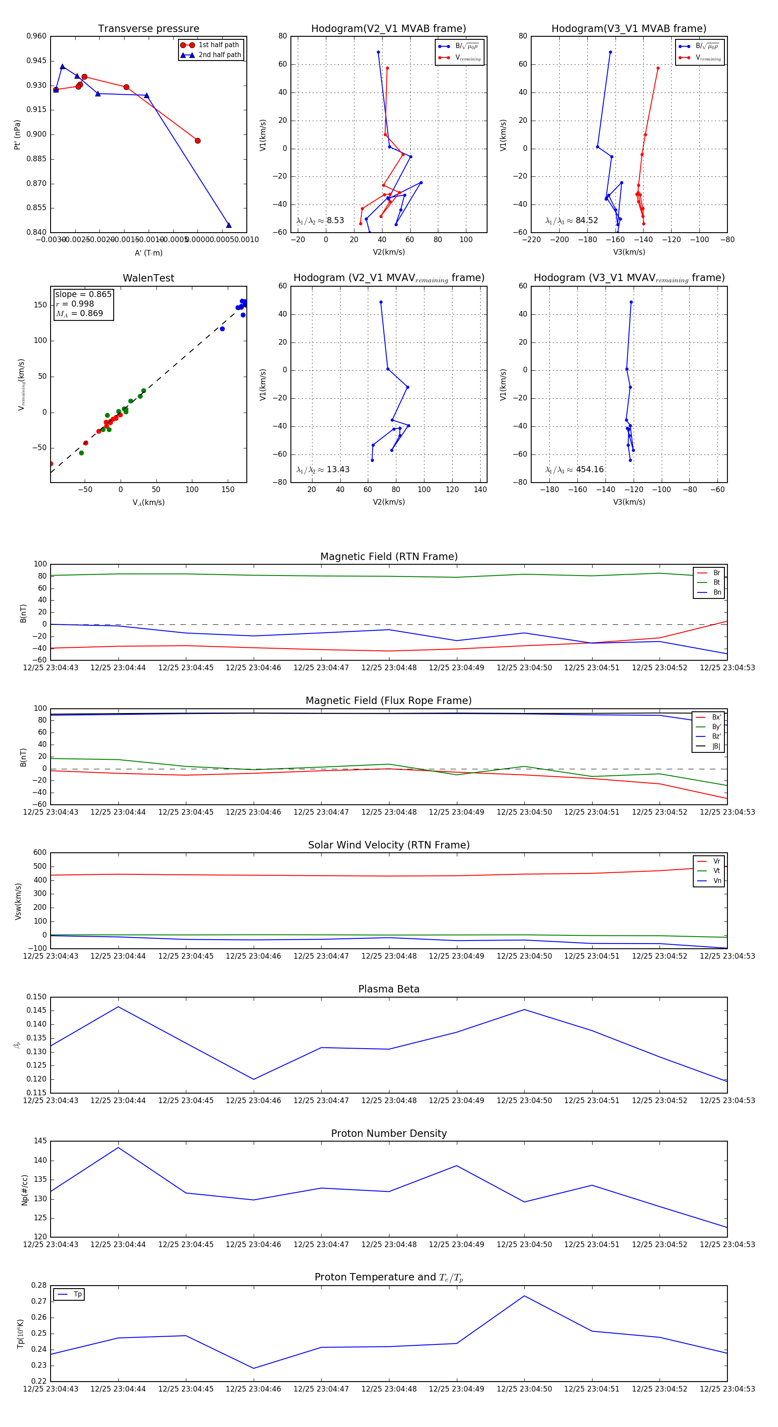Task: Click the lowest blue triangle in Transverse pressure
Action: tap(229, 225)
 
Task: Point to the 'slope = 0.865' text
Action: tap(83, 294)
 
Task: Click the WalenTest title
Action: tap(148, 278)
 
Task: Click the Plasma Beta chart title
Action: tap(389, 989)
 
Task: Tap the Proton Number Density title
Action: tap(389, 1133)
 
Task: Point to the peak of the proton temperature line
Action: tap(524, 1296)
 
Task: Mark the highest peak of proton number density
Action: tap(118, 1148)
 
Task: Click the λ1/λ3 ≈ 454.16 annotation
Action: tap(574, 470)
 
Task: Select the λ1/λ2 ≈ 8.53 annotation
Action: tap(320, 221)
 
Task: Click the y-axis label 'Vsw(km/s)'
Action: tap(18, 901)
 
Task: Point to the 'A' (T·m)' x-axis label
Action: tap(148, 253)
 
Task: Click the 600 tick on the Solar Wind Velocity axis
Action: tap(40, 853)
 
